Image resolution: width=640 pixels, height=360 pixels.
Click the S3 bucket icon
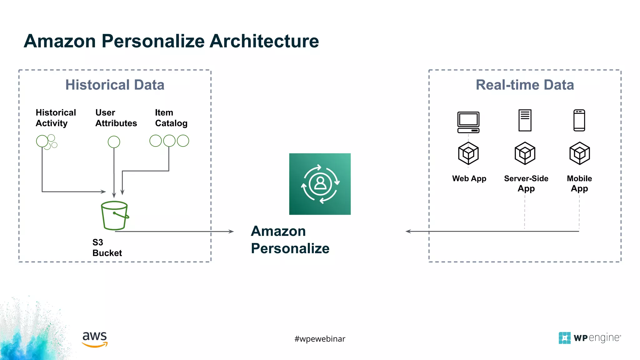[114, 215]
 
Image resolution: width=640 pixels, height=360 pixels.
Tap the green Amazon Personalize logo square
[320, 184]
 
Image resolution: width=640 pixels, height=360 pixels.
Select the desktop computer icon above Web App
[468, 122]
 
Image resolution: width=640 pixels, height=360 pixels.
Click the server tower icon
[525, 120]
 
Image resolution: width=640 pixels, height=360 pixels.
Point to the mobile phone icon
[579, 120]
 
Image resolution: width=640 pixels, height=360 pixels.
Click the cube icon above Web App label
[468, 153]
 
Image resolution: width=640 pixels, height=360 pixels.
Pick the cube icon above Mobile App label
[579, 153]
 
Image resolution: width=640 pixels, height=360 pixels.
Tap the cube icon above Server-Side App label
[525, 153]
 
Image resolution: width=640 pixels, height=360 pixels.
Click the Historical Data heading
[115, 85]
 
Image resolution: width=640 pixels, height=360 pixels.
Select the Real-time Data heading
[525, 85]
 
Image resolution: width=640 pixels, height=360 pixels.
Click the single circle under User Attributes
[114, 142]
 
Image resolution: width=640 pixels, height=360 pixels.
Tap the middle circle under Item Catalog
[169, 141]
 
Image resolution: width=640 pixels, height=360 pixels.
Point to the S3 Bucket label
[107, 247]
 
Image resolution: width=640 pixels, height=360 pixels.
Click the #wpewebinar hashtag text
[320, 339]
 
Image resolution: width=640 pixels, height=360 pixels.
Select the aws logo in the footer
[95, 339]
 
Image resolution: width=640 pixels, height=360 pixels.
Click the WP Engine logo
[589, 338]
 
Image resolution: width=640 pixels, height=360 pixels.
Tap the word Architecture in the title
[264, 41]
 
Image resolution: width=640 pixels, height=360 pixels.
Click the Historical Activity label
[56, 118]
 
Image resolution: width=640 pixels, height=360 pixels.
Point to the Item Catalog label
[171, 118]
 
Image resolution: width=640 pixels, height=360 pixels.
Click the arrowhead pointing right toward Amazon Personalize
[231, 232]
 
